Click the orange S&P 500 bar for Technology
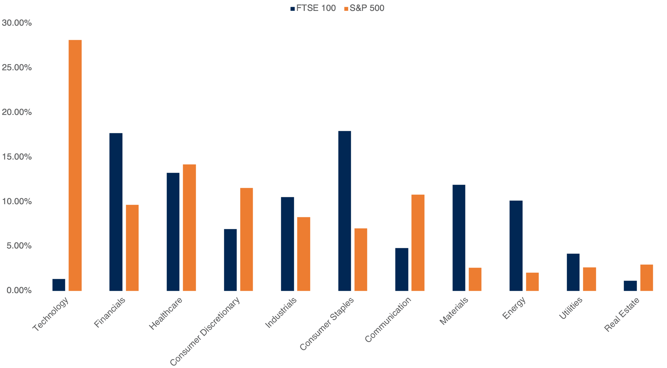(75, 165)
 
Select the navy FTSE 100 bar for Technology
(59, 285)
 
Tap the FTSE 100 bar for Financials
(116, 212)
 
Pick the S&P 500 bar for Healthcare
(190, 227)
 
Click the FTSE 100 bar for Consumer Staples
(345, 211)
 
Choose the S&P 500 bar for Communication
(418, 243)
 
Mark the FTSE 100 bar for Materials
(459, 238)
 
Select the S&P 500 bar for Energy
(532, 282)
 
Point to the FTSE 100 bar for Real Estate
(630, 286)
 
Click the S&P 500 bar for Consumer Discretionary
(246, 239)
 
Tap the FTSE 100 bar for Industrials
(287, 244)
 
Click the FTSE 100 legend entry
(313, 8)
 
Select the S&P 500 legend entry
(364, 8)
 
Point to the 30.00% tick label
(17, 23)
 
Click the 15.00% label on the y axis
(17, 157)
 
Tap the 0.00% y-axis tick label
(17, 290)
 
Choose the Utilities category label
(571, 309)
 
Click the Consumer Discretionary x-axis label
(205, 331)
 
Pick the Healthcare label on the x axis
(166, 314)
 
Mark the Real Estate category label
(622, 314)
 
